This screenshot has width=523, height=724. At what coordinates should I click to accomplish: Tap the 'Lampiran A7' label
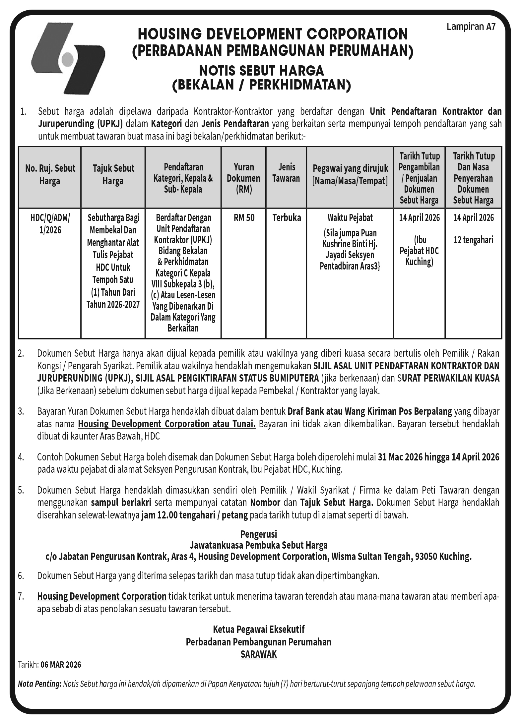[x=471, y=27]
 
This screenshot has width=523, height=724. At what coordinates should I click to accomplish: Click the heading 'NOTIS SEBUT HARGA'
[x=261, y=71]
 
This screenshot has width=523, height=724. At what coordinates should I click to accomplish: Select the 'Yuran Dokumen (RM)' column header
[x=243, y=178]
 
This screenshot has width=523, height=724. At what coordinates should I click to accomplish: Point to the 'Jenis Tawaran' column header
[x=286, y=173]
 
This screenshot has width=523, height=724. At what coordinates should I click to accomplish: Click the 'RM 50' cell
[x=244, y=218]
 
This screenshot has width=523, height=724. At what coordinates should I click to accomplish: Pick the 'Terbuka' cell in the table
[x=287, y=218]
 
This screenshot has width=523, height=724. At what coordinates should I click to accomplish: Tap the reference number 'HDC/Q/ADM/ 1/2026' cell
[x=50, y=224]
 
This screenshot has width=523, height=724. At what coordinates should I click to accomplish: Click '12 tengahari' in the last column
[x=473, y=240]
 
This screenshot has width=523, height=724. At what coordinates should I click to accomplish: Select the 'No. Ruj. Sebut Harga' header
[x=50, y=174]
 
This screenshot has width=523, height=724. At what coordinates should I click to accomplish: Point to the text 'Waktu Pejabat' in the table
[x=350, y=218]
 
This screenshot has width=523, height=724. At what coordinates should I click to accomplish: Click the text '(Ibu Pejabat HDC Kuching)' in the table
[x=419, y=251]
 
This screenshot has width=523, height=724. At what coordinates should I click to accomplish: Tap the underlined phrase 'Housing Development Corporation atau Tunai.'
[x=166, y=424]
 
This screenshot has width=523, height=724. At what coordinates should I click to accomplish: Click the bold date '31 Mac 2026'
[x=400, y=457]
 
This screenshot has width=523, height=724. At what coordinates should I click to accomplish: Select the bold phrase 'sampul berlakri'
[x=121, y=503]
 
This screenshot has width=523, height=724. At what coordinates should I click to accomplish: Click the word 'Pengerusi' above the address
[x=258, y=534]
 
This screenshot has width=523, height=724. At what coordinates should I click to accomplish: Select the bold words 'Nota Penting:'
[x=39, y=684]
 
